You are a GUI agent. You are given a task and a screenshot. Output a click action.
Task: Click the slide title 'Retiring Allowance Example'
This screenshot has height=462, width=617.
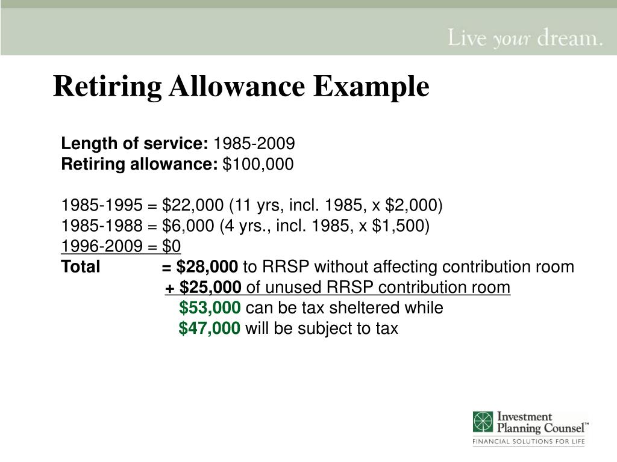pyautogui.click(x=241, y=87)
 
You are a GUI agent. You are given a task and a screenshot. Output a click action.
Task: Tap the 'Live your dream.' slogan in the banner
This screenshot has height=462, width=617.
pyautogui.click(x=524, y=39)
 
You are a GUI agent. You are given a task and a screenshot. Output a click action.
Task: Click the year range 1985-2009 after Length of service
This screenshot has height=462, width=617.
pyautogui.click(x=254, y=143)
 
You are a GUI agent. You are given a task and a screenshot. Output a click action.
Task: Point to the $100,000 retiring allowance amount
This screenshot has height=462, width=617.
pyautogui.click(x=258, y=164)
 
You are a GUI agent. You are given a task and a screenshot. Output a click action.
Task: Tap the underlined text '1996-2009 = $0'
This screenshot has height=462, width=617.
pyautogui.click(x=121, y=247)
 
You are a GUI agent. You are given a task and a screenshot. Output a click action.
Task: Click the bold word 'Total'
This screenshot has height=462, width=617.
pyautogui.click(x=81, y=267)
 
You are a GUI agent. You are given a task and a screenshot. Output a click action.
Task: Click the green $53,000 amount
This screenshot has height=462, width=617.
pyautogui.click(x=210, y=308)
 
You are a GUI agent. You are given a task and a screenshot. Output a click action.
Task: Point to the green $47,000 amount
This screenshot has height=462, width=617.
pyautogui.click(x=210, y=328)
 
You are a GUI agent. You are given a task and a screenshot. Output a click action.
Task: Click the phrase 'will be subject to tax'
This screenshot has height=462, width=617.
pyautogui.click(x=322, y=328)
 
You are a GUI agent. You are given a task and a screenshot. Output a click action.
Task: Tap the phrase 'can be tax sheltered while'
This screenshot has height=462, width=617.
pyautogui.click(x=345, y=308)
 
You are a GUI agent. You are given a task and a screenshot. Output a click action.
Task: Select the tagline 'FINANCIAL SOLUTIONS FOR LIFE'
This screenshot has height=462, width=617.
pyautogui.click(x=528, y=443)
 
